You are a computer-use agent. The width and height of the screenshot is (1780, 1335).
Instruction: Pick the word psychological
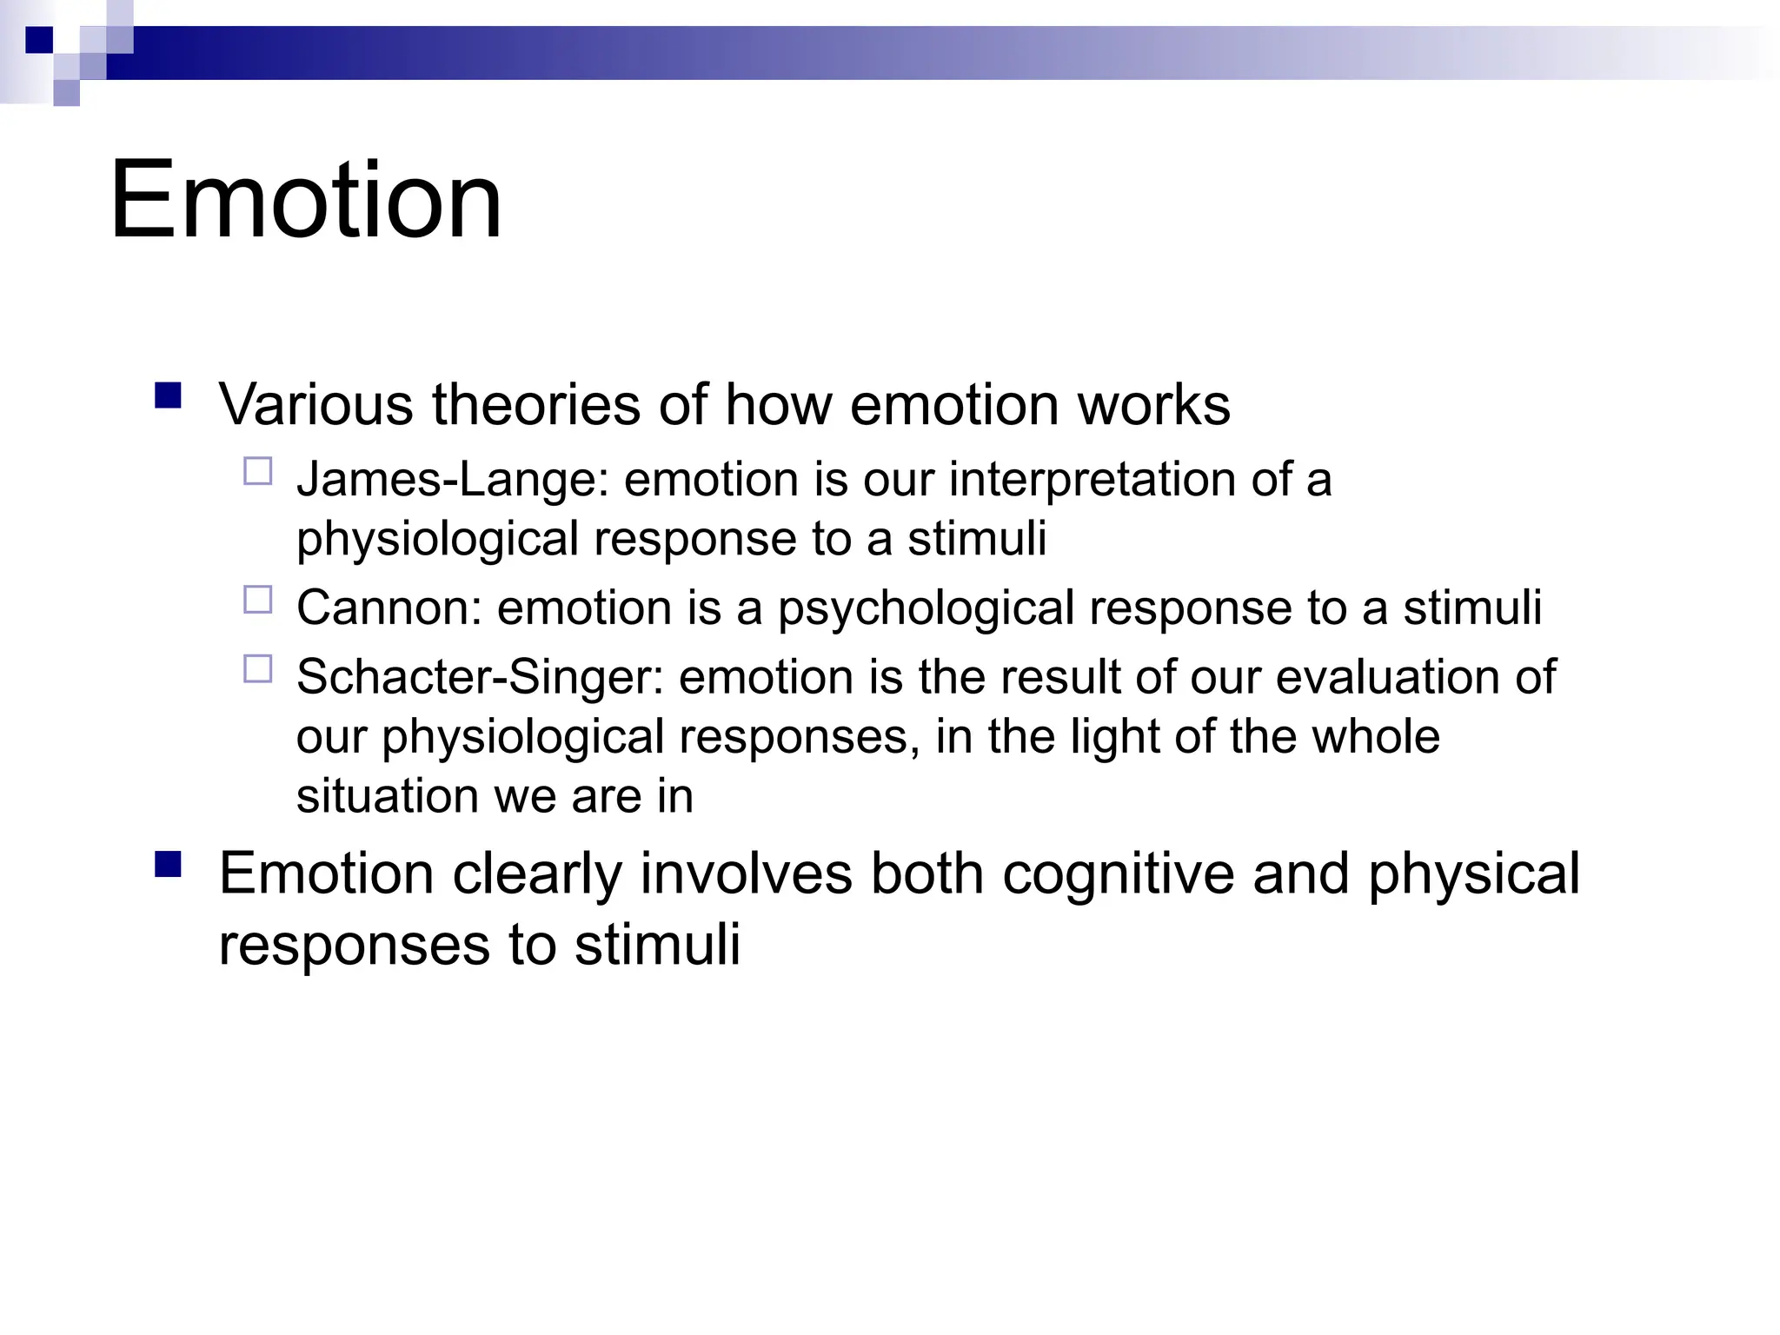pos(926,608)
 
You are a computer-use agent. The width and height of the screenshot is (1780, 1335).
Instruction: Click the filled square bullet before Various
pos(168,396)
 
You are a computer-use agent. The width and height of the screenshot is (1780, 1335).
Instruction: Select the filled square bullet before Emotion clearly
pos(168,865)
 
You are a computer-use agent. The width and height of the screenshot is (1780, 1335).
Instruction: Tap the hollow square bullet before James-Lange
pos(258,472)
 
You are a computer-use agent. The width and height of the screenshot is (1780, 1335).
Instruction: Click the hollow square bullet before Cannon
pos(258,600)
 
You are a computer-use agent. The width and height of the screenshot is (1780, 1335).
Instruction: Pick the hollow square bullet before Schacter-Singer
pos(258,669)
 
